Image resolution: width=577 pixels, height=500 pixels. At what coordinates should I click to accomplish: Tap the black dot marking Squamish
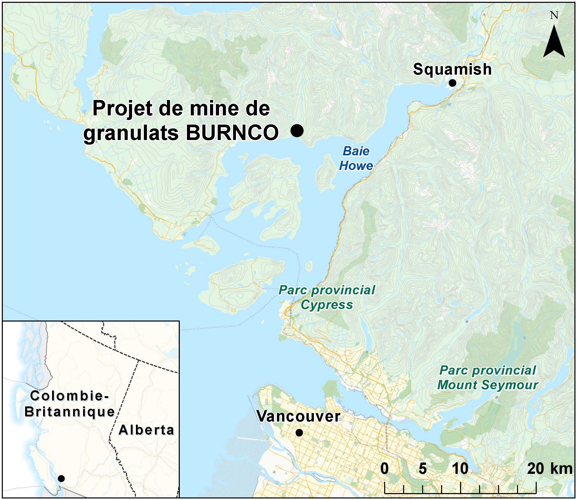(452, 83)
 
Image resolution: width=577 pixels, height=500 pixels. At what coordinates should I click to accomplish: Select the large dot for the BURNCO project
(297, 130)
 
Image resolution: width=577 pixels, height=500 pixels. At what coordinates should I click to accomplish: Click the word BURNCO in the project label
(232, 133)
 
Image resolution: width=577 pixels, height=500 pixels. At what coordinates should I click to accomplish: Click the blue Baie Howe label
(356, 158)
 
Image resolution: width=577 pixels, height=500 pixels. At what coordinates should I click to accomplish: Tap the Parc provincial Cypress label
(327, 297)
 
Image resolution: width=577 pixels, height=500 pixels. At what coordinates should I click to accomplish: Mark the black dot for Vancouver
(299, 433)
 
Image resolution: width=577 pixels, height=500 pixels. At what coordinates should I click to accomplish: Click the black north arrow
(554, 42)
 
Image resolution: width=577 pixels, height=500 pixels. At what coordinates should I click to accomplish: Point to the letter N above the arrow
(554, 15)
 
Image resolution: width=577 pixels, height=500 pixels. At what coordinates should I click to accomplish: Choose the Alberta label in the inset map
(146, 430)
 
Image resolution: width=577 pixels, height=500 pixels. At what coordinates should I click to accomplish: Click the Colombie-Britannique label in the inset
(69, 404)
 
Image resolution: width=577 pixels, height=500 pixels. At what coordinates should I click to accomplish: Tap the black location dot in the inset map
(61, 478)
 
